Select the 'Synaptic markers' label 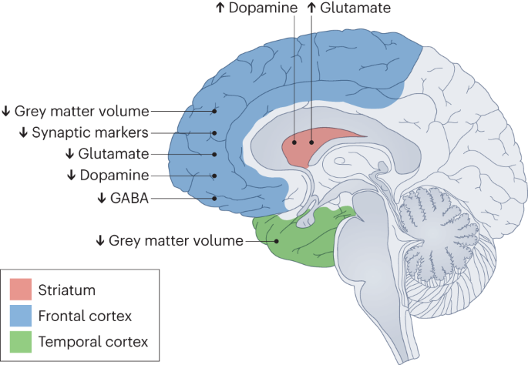pyautogui.click(x=91, y=132)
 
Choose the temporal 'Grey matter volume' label pyautogui.click(x=177, y=240)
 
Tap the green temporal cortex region pyautogui.click(x=301, y=239)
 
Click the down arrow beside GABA pyautogui.click(x=101, y=197)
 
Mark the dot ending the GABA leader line pyautogui.click(x=215, y=198)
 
